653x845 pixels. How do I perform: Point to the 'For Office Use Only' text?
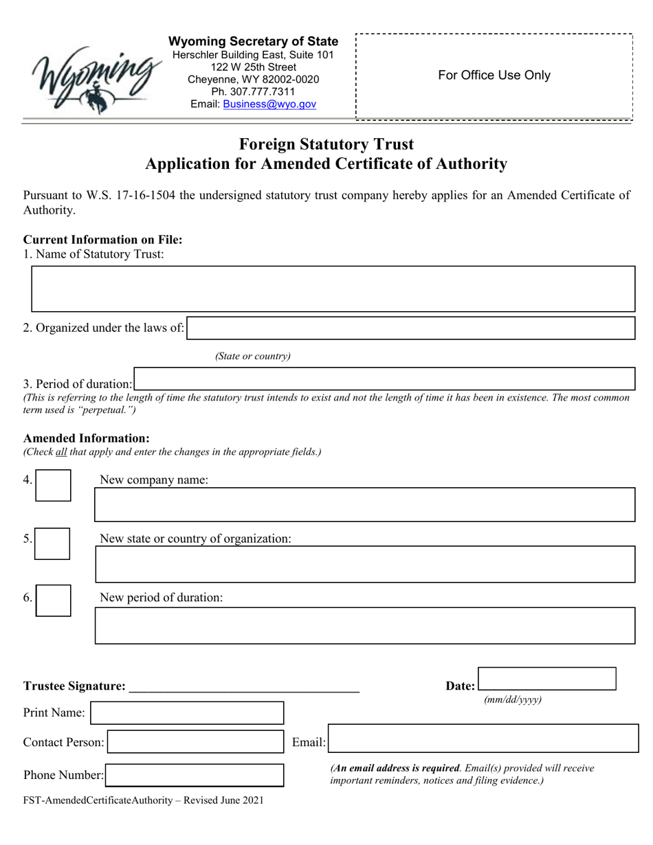coord(494,76)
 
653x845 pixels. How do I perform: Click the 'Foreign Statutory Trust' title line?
coord(326,144)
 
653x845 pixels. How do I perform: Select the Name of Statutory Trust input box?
coord(333,289)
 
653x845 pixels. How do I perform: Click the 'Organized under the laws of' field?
coord(411,328)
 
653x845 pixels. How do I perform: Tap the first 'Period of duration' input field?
coord(384,379)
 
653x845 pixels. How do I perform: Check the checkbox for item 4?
coord(53,485)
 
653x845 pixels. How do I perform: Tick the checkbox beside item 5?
coord(53,543)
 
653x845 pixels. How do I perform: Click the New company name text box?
coord(364,505)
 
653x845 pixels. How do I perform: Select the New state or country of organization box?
coord(364,565)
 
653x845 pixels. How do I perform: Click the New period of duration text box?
coord(364,625)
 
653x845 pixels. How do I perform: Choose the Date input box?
coord(547,678)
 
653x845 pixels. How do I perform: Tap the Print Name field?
coord(187,712)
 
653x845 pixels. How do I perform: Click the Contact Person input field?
coord(195,742)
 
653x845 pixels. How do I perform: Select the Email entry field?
coord(483,739)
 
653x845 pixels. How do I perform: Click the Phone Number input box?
coord(194,775)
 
